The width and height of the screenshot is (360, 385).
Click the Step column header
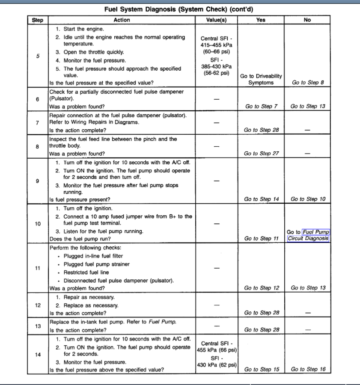click(x=38, y=20)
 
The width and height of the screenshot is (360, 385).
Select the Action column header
click(x=122, y=20)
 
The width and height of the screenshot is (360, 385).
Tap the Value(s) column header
click(x=216, y=20)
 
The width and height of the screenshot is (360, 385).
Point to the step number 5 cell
click(x=38, y=56)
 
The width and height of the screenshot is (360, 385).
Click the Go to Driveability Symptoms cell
click(x=261, y=79)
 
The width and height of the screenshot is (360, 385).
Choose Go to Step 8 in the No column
click(x=307, y=83)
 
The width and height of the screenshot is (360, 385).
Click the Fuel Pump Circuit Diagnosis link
click(x=308, y=235)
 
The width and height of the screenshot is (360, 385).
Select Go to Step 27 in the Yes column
click(x=261, y=154)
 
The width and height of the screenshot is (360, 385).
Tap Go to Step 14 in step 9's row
click(x=261, y=199)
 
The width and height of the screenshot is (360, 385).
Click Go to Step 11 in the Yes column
click(x=261, y=239)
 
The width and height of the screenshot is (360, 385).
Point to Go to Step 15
click(x=261, y=369)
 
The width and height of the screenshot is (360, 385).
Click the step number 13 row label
click(x=38, y=326)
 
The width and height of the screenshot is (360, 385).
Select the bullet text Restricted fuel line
click(x=86, y=272)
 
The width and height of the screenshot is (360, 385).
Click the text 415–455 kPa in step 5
click(x=216, y=45)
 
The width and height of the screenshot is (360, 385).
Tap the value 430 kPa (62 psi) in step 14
click(x=217, y=364)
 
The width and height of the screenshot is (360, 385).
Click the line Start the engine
click(x=83, y=29)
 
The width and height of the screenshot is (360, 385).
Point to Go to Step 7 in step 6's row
click(x=261, y=107)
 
